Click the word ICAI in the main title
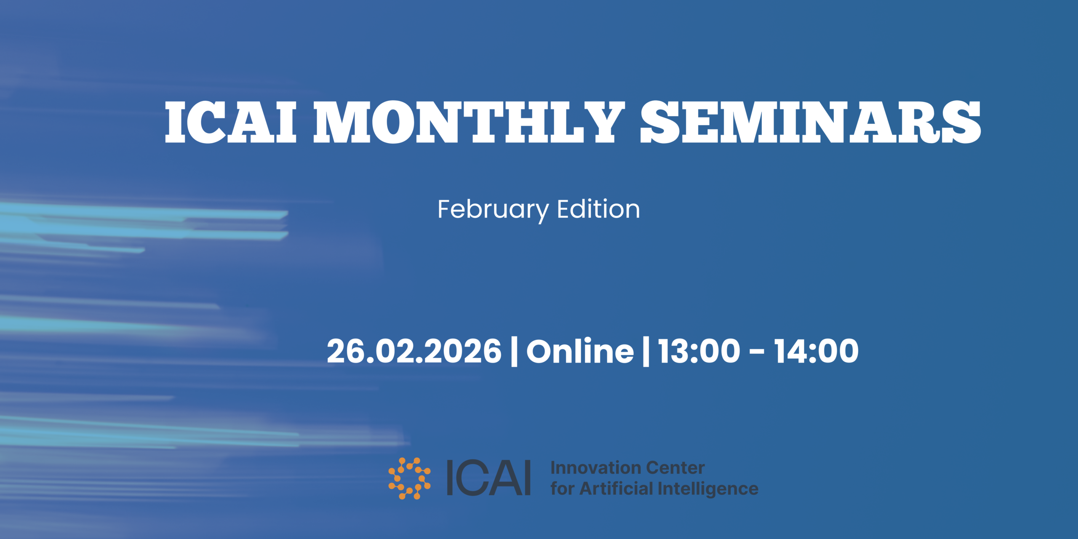231,122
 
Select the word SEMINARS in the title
811,122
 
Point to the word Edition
598,209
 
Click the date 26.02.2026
414,351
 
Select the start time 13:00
699,351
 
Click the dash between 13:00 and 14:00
757,352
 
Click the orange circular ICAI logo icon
409,478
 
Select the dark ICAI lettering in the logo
488,478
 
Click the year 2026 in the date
463,351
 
